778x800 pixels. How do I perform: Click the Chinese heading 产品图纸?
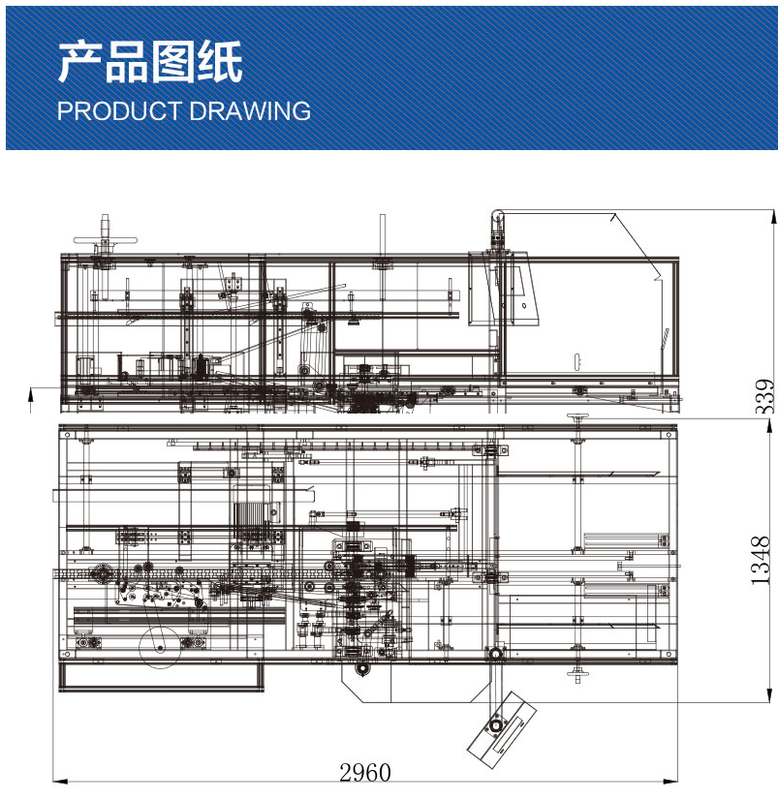149,63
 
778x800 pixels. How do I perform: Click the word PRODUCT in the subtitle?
119,110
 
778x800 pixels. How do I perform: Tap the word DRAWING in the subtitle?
250,110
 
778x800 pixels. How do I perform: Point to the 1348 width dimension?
761,560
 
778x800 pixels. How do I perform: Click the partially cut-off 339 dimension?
765,396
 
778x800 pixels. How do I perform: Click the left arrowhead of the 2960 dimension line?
60,780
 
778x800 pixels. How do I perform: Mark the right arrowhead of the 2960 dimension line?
670,780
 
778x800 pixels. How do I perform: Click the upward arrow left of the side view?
31,399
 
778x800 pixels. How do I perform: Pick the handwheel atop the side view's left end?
106,240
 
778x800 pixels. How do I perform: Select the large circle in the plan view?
160,647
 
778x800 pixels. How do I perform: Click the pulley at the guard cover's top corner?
498,217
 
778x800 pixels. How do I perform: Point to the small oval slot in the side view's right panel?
577,361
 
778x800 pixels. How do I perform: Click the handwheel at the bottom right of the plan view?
577,673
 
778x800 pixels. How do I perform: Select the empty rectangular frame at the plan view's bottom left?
162,676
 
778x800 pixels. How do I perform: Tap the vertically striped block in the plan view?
250,519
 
